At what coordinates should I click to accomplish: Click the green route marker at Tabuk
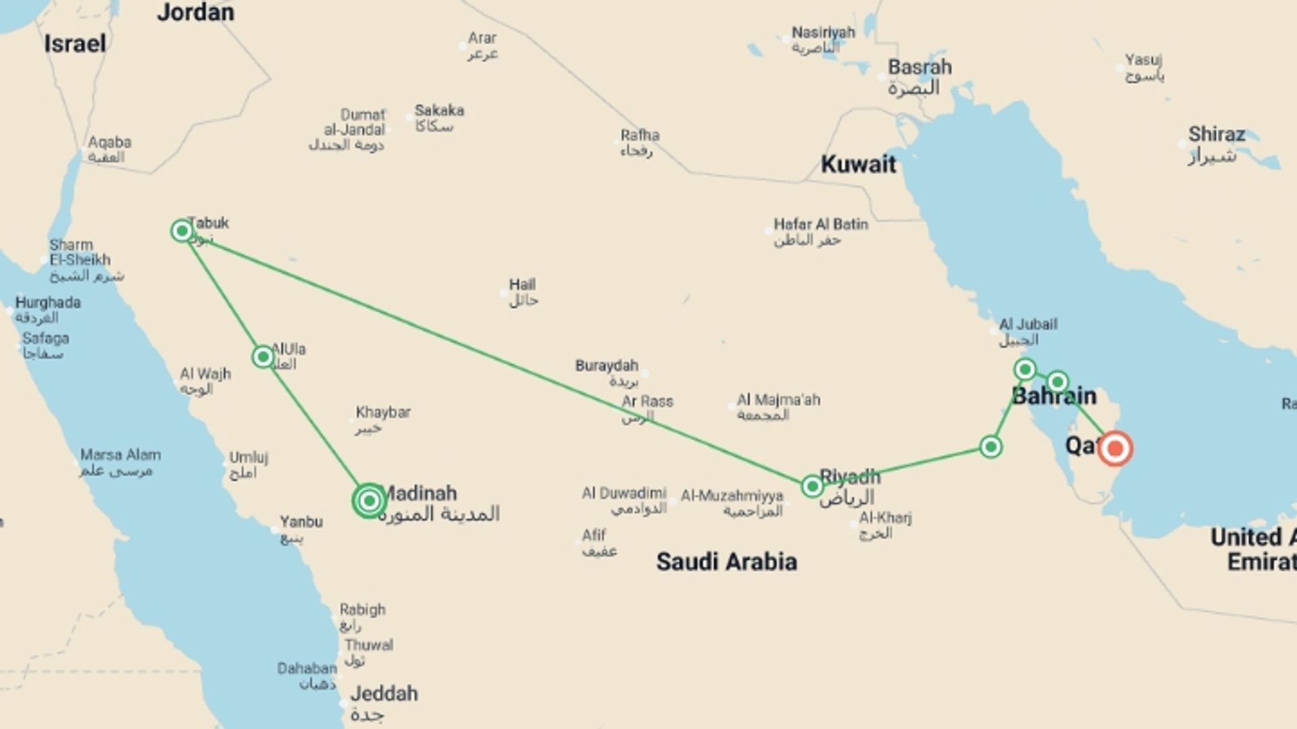[x=182, y=231]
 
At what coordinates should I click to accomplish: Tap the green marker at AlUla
[x=263, y=356]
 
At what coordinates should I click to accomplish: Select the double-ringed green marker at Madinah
[x=369, y=501]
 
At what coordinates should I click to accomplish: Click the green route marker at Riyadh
[x=812, y=486]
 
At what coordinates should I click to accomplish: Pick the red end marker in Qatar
[x=1115, y=449]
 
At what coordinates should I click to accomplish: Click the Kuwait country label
[x=858, y=164]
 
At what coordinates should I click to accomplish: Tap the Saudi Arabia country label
[x=726, y=562]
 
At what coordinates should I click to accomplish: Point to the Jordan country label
[x=195, y=12]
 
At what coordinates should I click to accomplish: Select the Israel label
[x=75, y=44]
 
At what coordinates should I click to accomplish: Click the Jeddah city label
[x=384, y=694]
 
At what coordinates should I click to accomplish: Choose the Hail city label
[x=522, y=285]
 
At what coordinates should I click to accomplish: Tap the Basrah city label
[x=919, y=67]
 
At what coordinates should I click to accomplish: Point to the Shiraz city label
[x=1217, y=134]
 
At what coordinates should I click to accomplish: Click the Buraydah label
[x=607, y=366]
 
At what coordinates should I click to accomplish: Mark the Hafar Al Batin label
[x=821, y=224]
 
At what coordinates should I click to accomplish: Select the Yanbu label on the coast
[x=301, y=522]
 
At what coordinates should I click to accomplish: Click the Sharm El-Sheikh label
[x=80, y=252]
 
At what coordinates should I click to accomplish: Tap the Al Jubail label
[x=1028, y=324]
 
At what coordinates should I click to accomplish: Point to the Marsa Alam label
[x=120, y=455]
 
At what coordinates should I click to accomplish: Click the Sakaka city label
[x=439, y=111]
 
